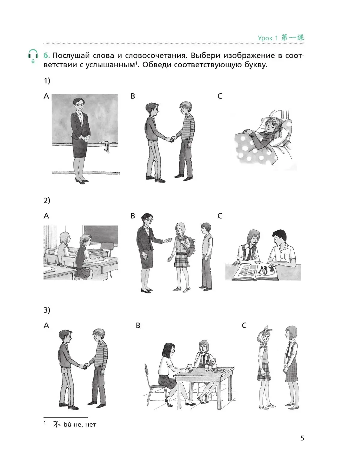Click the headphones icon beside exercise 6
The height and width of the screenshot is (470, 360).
tap(33, 54)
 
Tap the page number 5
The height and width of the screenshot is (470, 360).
tap(302, 438)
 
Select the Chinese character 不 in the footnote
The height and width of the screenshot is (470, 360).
tap(57, 424)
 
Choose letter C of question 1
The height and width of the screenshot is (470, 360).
tap(220, 96)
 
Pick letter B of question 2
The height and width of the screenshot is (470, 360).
tap(133, 216)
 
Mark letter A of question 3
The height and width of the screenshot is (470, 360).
tap(46, 325)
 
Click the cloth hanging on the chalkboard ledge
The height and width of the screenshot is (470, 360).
tap(106, 146)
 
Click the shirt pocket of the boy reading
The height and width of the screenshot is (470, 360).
tap(286, 256)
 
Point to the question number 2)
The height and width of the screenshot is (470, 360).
tap(47, 200)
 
